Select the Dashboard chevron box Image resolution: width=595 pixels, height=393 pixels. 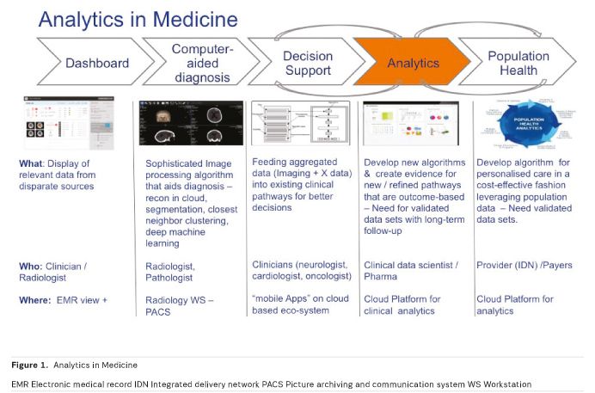[x=97, y=63]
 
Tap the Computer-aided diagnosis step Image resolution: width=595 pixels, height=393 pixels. [x=199, y=63]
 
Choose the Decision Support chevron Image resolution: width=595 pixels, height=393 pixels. [x=307, y=63]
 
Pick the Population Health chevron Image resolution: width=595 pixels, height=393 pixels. [x=518, y=63]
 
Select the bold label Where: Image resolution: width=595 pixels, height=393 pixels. [x=38, y=298]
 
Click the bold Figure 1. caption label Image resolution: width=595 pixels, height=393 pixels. [x=32, y=365]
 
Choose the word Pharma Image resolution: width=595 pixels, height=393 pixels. [x=381, y=277]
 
